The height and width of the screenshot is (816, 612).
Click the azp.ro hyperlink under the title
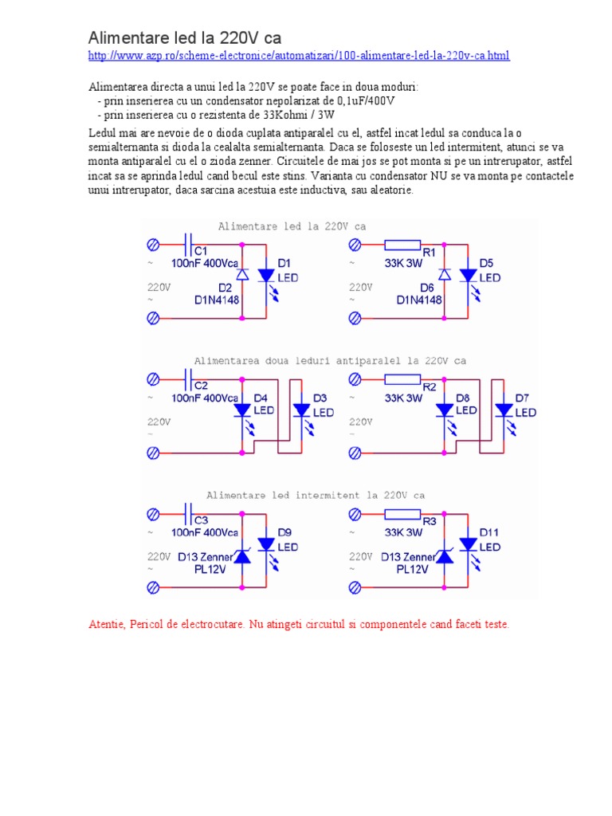297,56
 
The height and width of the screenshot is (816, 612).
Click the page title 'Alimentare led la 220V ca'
184,37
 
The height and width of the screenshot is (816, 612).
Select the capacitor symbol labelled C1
188,240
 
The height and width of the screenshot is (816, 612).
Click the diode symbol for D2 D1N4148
243,275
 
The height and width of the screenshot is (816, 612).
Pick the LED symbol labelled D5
468,275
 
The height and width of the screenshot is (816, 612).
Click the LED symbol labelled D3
301,410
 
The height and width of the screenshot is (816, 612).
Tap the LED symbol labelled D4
242,410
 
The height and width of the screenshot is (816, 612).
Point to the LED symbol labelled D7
503,410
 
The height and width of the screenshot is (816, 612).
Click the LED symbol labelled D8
444,410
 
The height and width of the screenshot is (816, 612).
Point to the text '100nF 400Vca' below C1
205,261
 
